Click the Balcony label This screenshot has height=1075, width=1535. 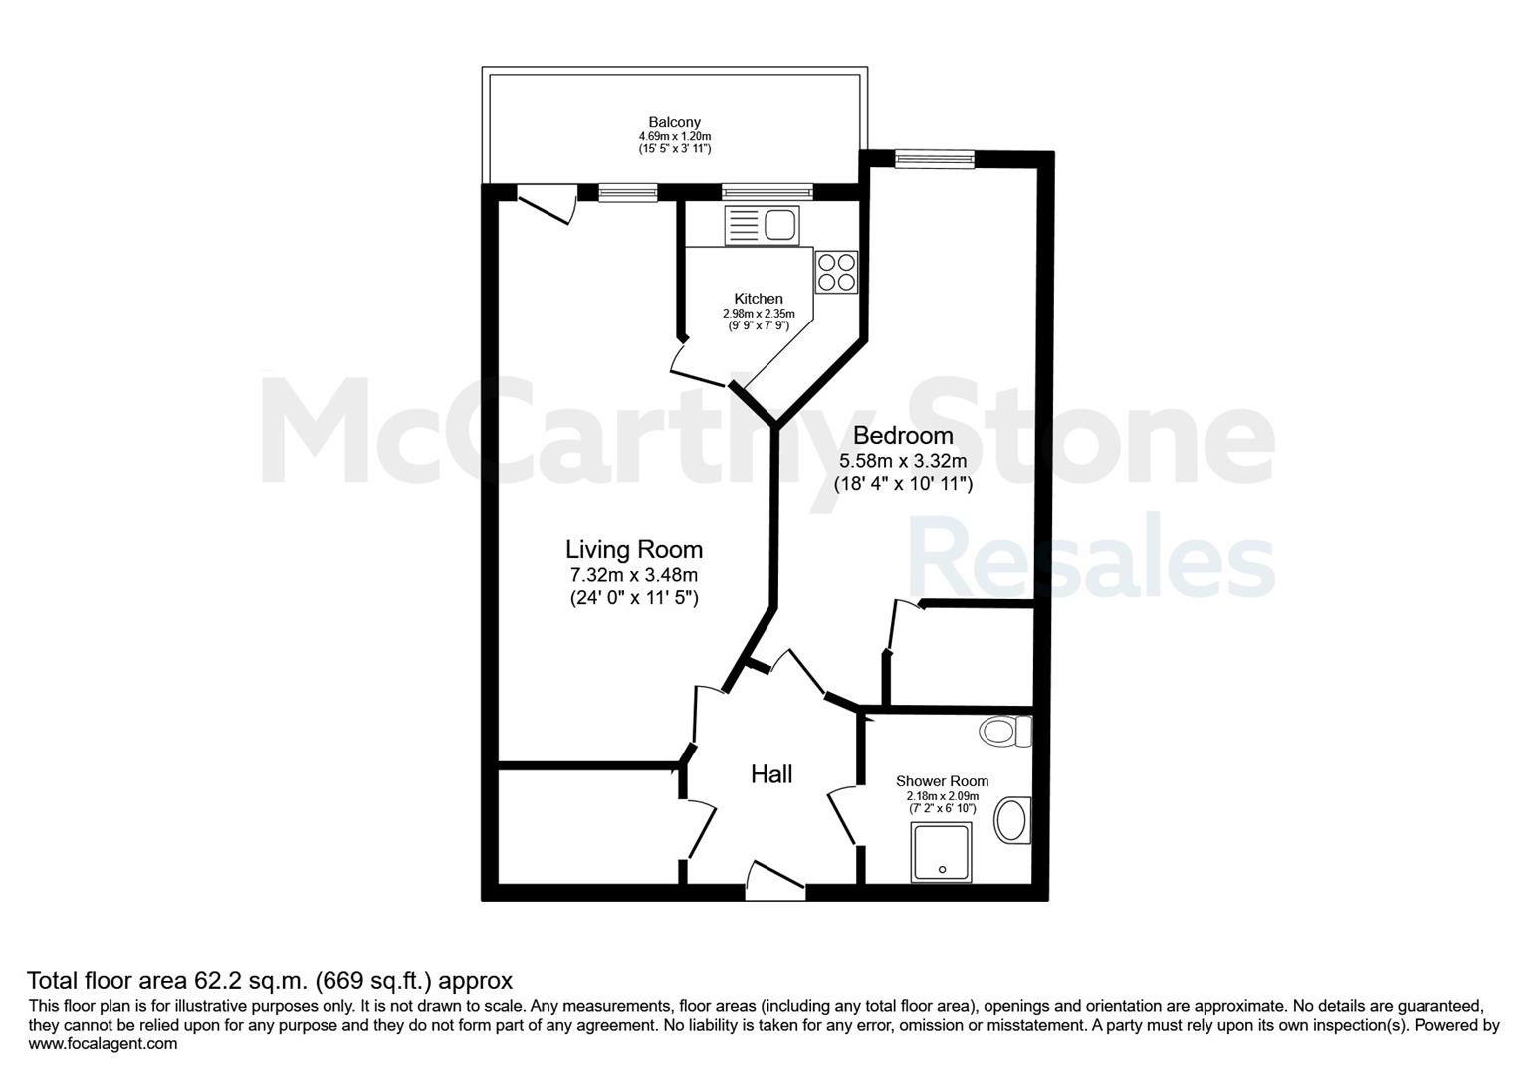pyautogui.click(x=674, y=122)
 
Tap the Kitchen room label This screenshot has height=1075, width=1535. pyautogui.click(x=758, y=299)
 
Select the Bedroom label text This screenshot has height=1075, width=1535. pyautogui.click(x=903, y=435)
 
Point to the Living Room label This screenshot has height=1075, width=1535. pyautogui.click(x=634, y=549)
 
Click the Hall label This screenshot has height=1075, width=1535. pyautogui.click(x=771, y=774)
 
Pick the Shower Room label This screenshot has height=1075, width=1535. pyautogui.click(x=943, y=781)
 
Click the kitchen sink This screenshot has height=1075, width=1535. pyautogui.click(x=762, y=225)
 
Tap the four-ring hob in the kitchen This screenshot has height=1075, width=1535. pyautogui.click(x=836, y=272)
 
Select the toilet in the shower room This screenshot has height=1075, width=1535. pyautogui.click(x=1005, y=731)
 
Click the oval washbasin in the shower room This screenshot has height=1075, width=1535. pyautogui.click(x=1012, y=819)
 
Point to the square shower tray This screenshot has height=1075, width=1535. pyautogui.click(x=941, y=852)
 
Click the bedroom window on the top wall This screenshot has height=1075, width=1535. pyautogui.click(x=934, y=159)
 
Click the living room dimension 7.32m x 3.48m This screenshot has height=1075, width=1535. pyautogui.click(x=634, y=575)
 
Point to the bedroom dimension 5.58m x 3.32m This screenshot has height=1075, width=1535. pyautogui.click(x=903, y=461)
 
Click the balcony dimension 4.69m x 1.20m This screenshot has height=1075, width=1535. pyautogui.click(x=674, y=137)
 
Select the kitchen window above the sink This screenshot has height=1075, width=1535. pyautogui.click(x=767, y=192)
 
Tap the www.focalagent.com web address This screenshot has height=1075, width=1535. pyautogui.click(x=103, y=1044)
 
